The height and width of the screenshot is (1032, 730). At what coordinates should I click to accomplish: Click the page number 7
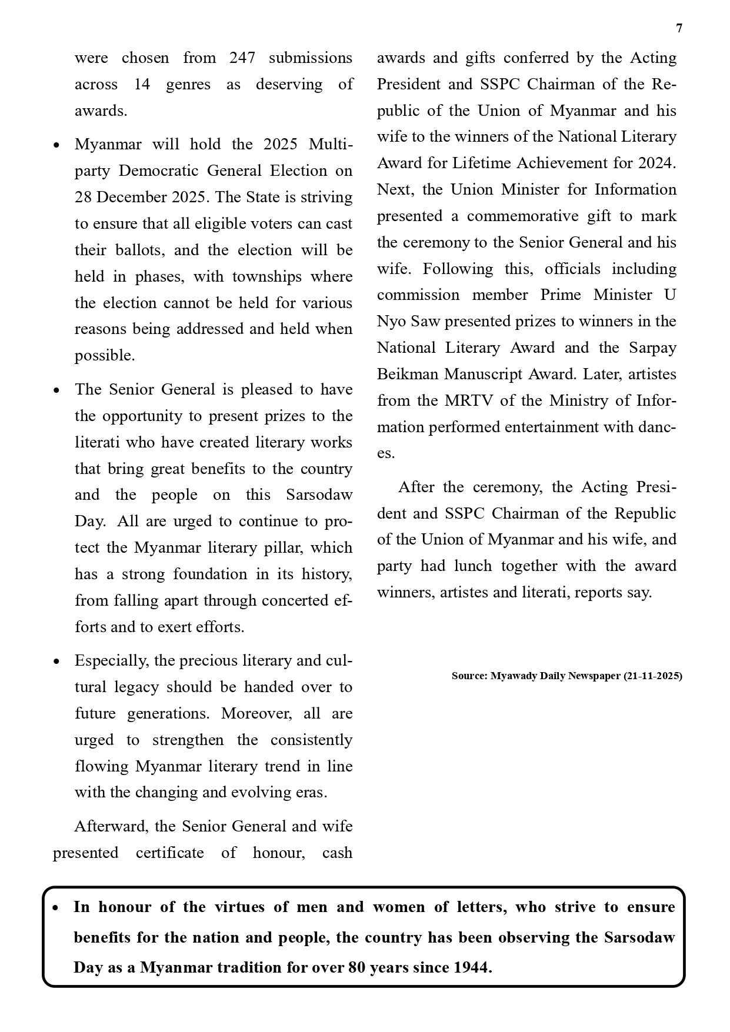[679, 29]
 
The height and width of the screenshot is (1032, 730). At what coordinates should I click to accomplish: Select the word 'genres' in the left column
[188, 85]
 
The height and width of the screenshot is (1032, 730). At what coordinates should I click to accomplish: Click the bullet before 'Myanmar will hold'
[56, 145]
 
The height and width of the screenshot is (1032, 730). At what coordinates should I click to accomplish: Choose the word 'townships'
[267, 277]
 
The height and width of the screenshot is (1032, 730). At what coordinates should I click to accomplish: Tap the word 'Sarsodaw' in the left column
[319, 495]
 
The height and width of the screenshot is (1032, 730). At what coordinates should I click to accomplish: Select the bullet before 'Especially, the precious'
[56, 662]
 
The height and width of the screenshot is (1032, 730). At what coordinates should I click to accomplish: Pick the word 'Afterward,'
[112, 827]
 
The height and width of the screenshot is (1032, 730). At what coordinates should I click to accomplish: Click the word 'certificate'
[169, 853]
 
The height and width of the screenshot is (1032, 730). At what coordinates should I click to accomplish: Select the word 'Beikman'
[408, 375]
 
